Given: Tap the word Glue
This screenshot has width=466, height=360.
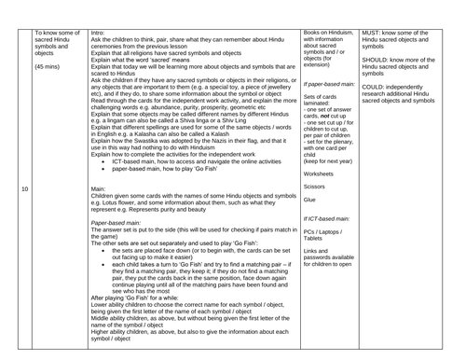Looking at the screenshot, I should click(x=311, y=199).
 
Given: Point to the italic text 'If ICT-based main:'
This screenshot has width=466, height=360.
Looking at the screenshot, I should click(x=329, y=218).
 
